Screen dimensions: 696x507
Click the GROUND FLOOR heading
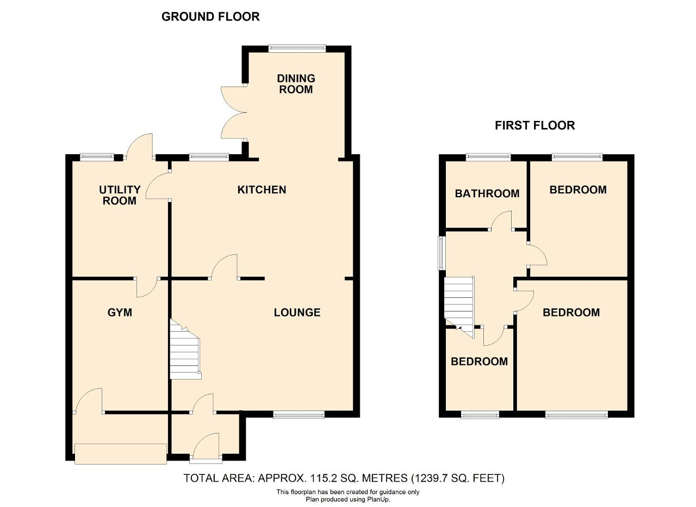tap(210, 17)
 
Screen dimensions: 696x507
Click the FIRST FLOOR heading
tap(535, 125)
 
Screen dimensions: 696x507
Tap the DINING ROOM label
tap(296, 84)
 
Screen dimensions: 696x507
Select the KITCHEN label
tap(262, 190)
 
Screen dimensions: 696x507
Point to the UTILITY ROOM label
tap(120, 195)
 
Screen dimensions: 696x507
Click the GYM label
tap(120, 313)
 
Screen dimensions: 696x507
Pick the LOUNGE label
tap(297, 313)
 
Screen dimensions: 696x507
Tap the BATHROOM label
tap(487, 193)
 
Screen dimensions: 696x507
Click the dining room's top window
tap(297, 48)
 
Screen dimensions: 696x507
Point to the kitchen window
tap(209, 157)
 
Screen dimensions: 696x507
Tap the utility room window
tap(97, 157)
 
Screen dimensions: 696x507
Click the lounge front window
tap(299, 414)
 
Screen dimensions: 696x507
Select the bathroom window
tap(488, 157)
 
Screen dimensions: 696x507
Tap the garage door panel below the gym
tap(121, 454)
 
